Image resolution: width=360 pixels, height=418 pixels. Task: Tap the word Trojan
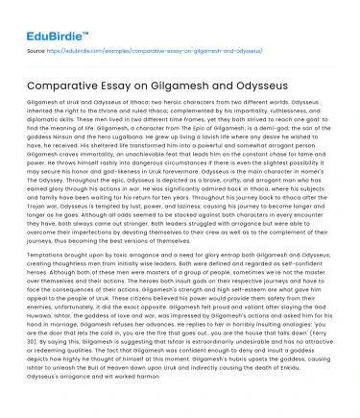(41, 219)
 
